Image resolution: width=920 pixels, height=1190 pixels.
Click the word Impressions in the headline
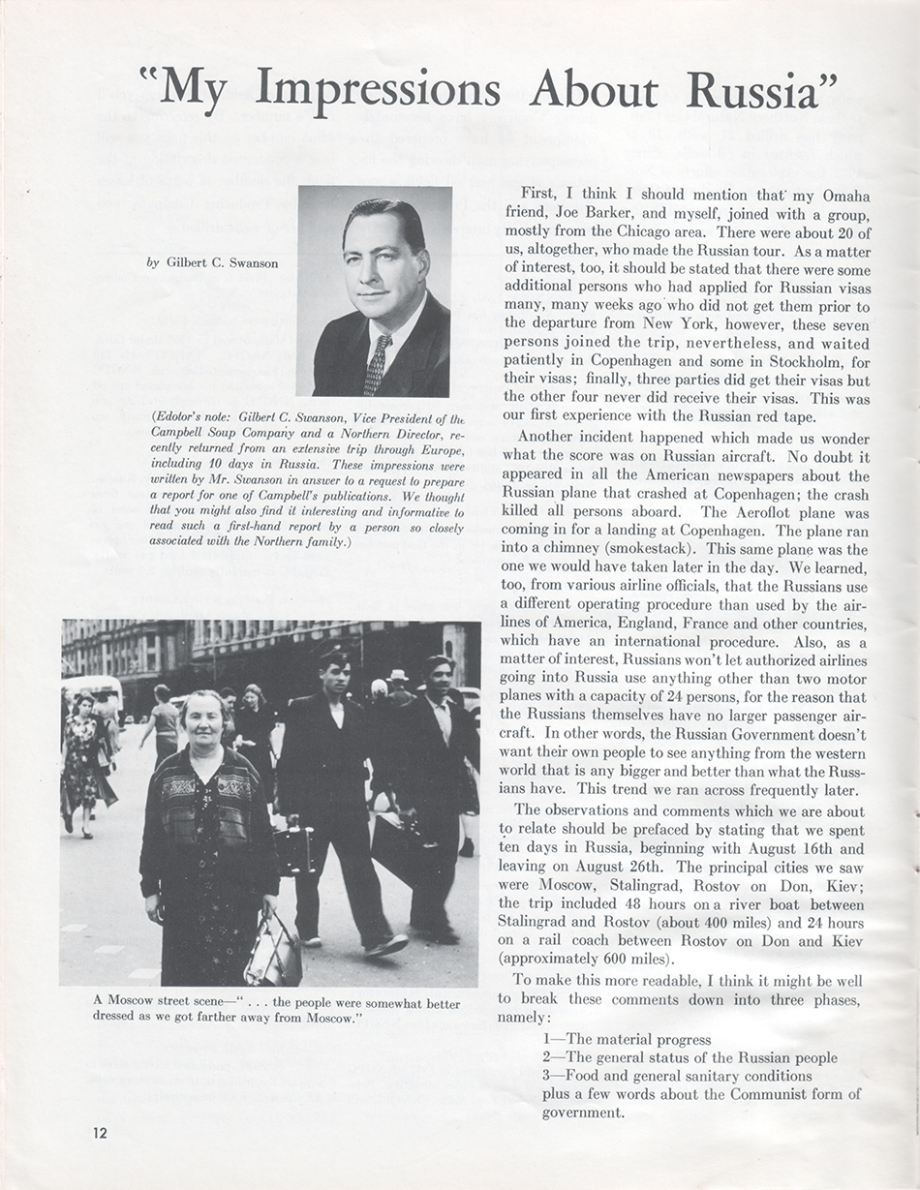(378, 89)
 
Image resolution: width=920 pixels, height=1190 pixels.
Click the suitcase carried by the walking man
(294, 849)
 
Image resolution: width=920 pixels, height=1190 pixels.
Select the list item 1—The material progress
(627, 1040)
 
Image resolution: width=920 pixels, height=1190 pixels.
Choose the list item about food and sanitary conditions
(677, 1077)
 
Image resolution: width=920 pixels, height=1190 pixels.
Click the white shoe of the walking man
(387, 945)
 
